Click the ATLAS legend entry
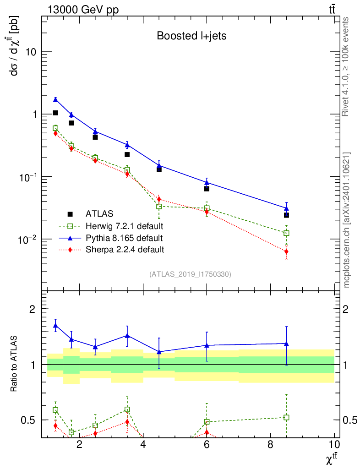click(x=99, y=213)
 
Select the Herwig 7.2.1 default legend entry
click(x=124, y=226)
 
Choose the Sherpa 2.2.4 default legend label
click(x=125, y=250)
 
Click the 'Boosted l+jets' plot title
click(x=191, y=36)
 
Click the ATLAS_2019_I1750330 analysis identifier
click(x=190, y=274)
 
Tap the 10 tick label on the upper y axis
click(x=32, y=52)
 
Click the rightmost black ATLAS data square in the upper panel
click(x=286, y=215)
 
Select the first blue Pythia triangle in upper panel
click(x=55, y=99)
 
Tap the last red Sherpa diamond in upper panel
click(x=286, y=251)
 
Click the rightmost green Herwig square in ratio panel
click(x=286, y=417)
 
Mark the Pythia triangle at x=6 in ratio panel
click(x=207, y=345)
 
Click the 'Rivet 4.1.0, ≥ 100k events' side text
click(x=346, y=66)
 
